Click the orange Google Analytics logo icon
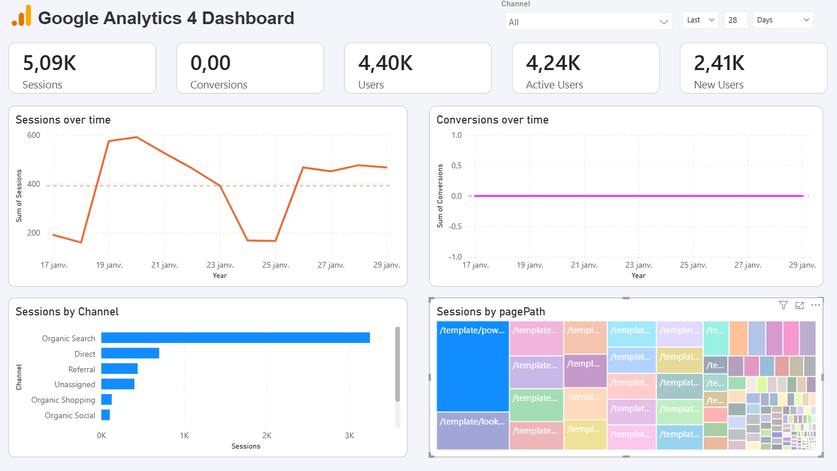(21, 16)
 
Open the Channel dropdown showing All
(588, 22)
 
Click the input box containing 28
(735, 20)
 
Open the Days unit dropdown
(782, 20)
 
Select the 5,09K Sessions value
(49, 63)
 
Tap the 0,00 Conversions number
(210, 63)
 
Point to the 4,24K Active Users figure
(553, 63)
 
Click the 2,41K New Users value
(719, 63)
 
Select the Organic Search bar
(236, 338)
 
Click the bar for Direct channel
(130, 353)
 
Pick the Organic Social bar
(105, 415)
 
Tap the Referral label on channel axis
(82, 369)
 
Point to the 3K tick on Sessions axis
(349, 435)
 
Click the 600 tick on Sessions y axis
(34, 136)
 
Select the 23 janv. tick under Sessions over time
(220, 265)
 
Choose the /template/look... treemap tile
(472, 431)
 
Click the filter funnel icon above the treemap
(783, 305)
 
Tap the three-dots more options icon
(815, 305)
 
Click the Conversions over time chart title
(492, 120)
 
